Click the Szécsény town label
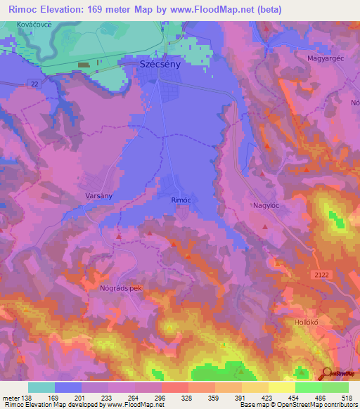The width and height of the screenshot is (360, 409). coord(161,64)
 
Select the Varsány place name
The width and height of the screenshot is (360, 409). coord(99,196)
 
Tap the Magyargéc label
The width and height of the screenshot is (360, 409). coord(324,58)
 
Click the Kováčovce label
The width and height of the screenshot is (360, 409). coord(34,25)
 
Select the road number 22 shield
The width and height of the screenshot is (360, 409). coord(34,84)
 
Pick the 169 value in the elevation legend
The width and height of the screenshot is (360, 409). coord(55,398)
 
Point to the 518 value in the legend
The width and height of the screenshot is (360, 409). coord(347,398)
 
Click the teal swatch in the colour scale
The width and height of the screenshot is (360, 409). coord(41,387)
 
